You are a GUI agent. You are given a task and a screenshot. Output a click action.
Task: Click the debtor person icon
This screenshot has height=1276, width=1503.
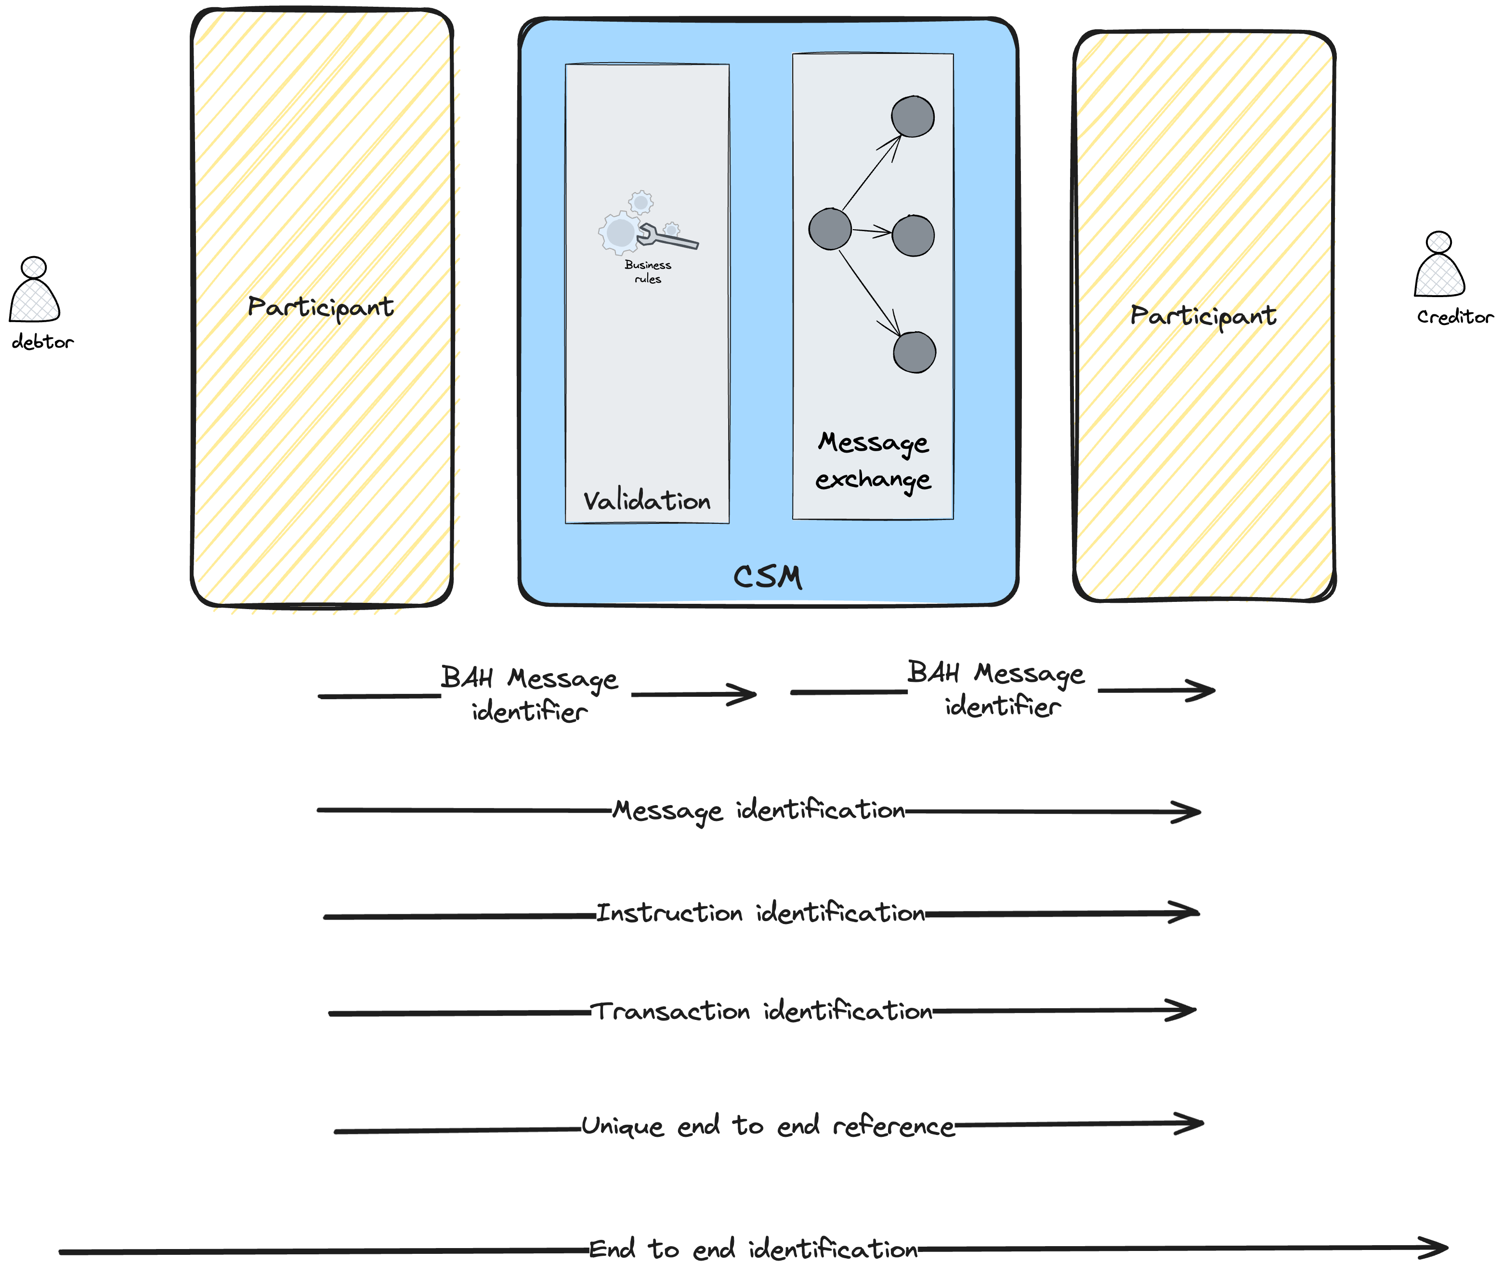(34, 291)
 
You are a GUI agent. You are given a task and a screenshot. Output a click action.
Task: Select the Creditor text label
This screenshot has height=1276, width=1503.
(1454, 317)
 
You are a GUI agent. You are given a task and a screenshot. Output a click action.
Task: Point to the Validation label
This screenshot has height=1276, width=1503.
(647, 501)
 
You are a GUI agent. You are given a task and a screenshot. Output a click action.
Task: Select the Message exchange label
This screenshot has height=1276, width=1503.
(873, 461)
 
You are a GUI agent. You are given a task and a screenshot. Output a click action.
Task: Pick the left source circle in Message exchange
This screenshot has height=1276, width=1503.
(830, 229)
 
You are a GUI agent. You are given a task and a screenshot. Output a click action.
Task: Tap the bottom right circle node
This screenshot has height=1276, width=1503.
(914, 352)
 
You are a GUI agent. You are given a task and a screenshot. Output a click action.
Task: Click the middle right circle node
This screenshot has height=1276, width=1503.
(913, 235)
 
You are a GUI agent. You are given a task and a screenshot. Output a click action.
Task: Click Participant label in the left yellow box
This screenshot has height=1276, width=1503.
(320, 307)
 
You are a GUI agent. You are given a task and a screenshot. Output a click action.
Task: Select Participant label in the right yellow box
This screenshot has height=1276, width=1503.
(1203, 316)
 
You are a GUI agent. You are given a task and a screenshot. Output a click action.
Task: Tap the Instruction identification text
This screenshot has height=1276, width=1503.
(760, 913)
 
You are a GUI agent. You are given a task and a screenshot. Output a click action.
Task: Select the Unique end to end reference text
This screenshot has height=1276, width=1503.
(768, 1126)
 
